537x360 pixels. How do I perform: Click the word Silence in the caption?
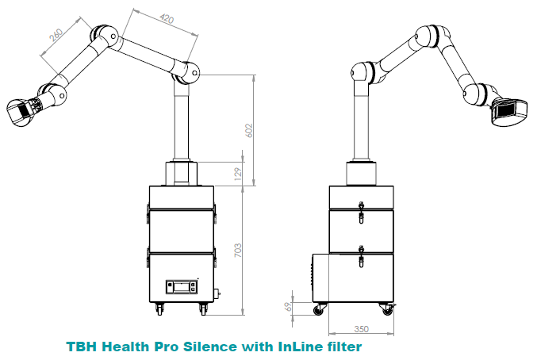224,347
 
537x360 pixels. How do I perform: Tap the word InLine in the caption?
305,347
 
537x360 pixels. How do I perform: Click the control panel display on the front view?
181,286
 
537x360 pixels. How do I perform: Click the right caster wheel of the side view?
387,310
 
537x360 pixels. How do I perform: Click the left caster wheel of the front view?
159,308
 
